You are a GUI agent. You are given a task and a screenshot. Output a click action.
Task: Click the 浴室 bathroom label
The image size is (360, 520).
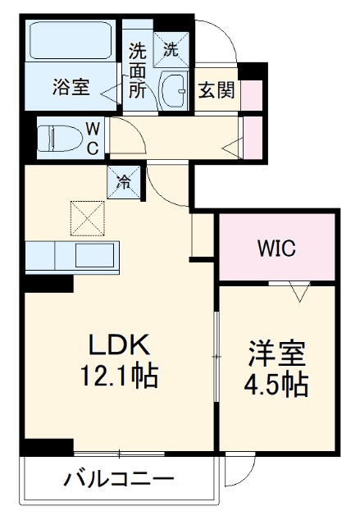[72, 87]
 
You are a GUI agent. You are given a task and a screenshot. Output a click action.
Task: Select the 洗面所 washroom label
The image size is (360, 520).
[137, 70]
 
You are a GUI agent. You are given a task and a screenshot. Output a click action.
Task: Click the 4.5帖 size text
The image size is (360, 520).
[277, 383]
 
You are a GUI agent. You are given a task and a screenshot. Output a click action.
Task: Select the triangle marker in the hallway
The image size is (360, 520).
[234, 148]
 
